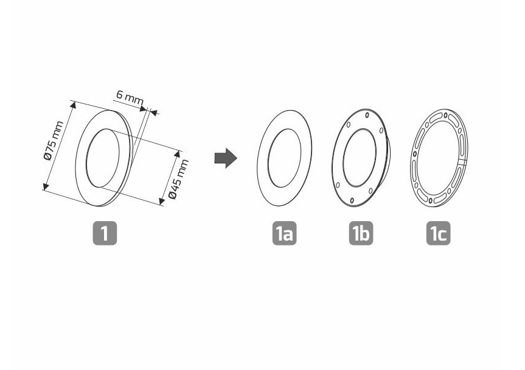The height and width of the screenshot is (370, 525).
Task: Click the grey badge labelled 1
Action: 105,233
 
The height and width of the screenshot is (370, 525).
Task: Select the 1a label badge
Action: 284,233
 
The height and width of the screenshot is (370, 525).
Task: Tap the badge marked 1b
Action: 361,233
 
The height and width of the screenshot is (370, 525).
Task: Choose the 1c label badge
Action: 438,233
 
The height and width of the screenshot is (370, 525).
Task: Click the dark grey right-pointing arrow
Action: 226,158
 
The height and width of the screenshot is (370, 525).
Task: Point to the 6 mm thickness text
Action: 130,97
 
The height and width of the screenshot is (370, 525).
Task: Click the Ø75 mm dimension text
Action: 54,140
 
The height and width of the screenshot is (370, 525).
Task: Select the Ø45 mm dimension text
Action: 179,179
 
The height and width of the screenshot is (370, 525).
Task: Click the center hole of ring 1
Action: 102,158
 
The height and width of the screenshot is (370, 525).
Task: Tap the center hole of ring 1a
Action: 284,158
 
